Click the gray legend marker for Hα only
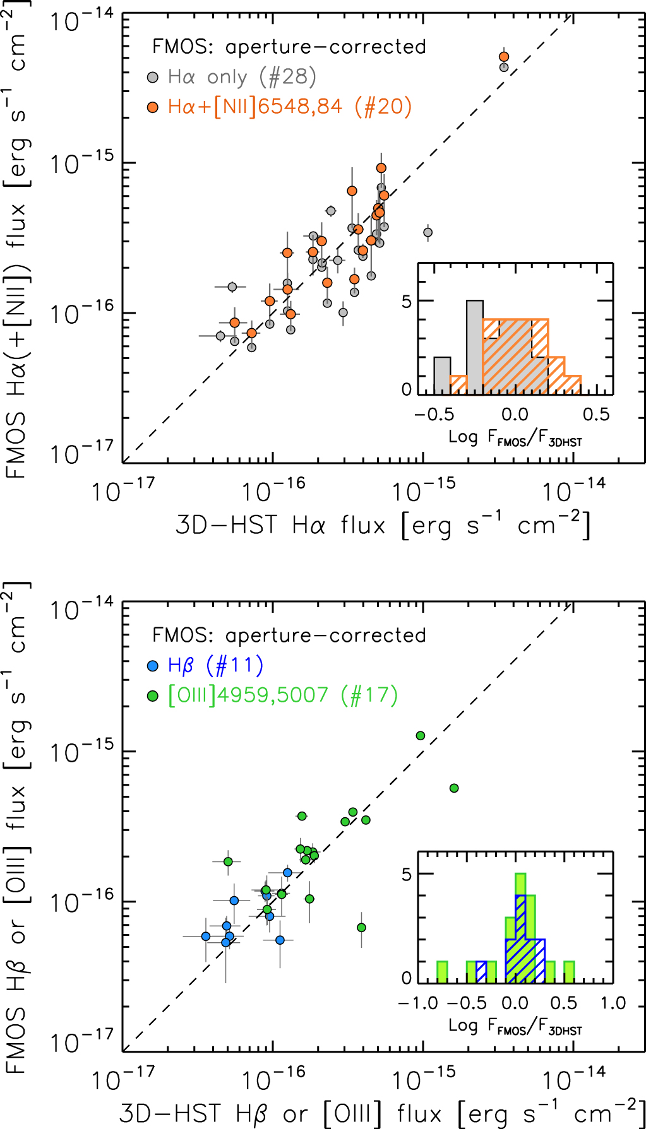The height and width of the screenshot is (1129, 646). click(x=152, y=78)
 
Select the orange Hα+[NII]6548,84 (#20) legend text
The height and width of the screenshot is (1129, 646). click(x=290, y=107)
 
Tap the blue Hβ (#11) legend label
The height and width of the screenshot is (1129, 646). click(x=215, y=665)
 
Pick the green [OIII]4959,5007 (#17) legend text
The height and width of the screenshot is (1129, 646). click(x=283, y=695)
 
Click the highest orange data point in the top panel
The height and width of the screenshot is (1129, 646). click(x=504, y=57)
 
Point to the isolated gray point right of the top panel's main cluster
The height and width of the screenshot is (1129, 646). click(x=428, y=232)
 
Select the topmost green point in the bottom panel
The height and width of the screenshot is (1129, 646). click(x=421, y=735)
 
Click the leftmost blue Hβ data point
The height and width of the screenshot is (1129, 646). click(x=206, y=937)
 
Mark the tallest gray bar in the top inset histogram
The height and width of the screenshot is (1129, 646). click(x=475, y=347)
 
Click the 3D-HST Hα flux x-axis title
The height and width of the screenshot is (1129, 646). click(x=383, y=526)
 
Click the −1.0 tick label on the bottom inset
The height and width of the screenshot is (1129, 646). click(x=418, y=1003)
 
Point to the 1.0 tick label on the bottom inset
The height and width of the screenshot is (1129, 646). click(x=613, y=1003)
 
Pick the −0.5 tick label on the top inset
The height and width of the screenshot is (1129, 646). click(x=434, y=415)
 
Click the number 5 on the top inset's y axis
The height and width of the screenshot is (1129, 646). click(x=407, y=302)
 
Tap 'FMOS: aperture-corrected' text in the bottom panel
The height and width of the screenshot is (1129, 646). click(x=289, y=635)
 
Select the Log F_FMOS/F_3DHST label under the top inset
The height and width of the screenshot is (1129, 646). click(x=515, y=437)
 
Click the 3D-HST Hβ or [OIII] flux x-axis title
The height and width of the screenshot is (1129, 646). click(x=383, y=1114)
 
